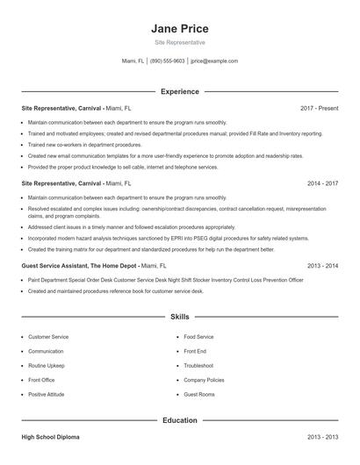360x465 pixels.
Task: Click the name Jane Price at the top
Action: [179, 29]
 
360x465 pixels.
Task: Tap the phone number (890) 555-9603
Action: [167, 61]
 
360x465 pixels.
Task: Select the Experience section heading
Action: [179, 91]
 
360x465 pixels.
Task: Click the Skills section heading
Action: [179, 316]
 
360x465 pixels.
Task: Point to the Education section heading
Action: [179, 420]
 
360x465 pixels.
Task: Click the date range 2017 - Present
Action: [319, 108]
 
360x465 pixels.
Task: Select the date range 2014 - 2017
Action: [322, 184]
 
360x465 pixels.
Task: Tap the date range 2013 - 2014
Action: [322, 264]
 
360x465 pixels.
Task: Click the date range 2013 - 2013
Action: [322, 436]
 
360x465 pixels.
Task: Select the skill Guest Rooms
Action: [199, 394]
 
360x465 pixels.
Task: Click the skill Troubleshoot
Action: [198, 365]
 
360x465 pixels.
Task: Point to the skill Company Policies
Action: [204, 380]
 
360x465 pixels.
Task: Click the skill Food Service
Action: [198, 336]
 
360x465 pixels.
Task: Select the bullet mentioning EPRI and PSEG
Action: [167, 238]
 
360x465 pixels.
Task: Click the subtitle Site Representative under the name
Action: [179, 43]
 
